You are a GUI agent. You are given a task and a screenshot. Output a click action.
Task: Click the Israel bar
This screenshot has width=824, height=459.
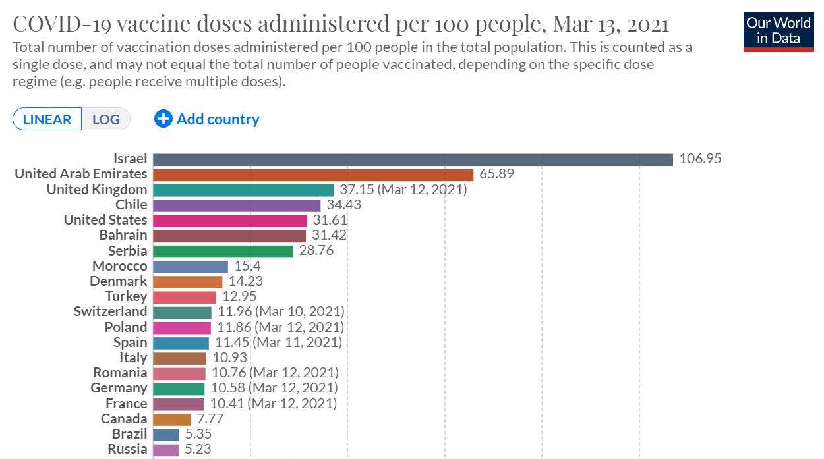tap(413, 159)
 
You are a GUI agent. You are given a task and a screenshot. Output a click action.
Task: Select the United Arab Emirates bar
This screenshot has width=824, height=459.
tap(313, 175)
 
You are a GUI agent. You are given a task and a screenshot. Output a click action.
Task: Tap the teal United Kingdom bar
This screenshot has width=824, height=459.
tap(243, 190)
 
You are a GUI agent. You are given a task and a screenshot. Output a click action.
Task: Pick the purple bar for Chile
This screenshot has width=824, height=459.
tap(237, 205)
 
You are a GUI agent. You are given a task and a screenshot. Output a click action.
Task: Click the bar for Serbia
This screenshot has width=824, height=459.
tap(223, 251)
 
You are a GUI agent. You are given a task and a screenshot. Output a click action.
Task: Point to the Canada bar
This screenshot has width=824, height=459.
tap(172, 419)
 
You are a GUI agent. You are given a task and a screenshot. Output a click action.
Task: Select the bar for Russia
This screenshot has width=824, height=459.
tap(166, 450)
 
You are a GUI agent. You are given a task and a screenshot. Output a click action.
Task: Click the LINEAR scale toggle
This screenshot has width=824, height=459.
tap(47, 119)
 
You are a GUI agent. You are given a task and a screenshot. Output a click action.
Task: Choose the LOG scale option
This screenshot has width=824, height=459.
tap(106, 119)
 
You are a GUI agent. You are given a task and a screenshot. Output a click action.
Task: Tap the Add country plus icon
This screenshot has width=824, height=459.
tap(163, 119)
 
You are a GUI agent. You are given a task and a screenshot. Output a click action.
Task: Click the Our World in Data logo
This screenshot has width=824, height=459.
tap(779, 30)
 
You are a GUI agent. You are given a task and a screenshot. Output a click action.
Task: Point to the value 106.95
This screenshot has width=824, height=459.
tap(700, 159)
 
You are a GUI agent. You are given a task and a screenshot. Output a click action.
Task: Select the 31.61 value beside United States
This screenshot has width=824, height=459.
tap(330, 220)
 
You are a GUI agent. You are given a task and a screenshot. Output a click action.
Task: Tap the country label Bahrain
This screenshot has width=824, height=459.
tap(123, 235)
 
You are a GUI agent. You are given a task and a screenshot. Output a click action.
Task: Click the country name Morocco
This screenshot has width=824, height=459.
tap(120, 266)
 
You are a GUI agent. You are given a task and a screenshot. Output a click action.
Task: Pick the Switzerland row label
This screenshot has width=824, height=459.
tap(110, 311)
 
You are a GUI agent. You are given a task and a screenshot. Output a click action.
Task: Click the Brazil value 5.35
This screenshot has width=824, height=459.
tap(198, 434)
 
